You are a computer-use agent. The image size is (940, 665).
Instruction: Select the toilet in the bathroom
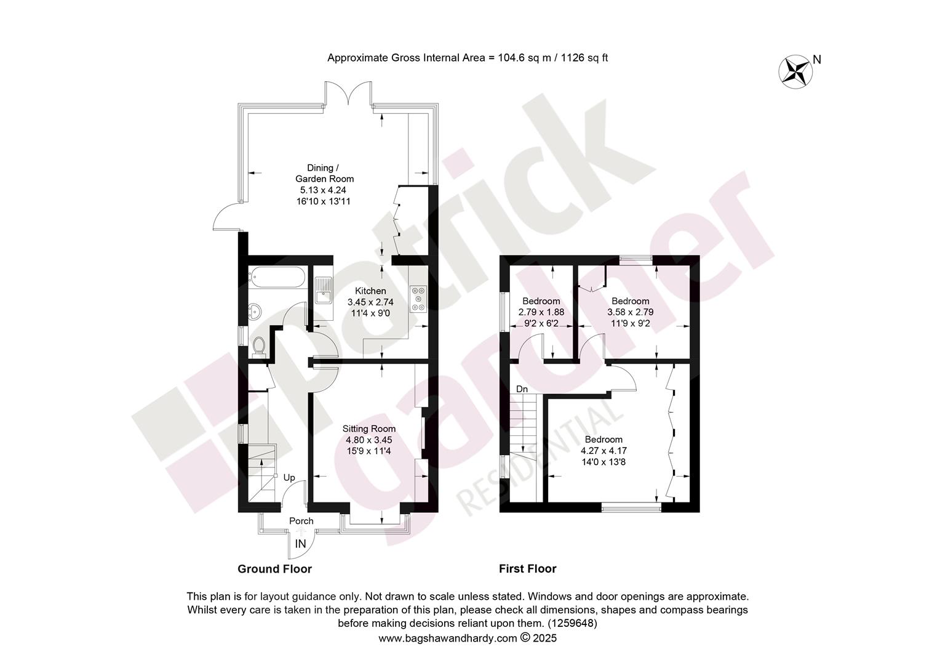[260, 347]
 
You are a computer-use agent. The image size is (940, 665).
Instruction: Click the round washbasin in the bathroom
[255, 312]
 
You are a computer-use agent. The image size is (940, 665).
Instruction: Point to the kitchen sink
[324, 290]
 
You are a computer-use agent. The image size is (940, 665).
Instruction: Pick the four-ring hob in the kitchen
[418, 299]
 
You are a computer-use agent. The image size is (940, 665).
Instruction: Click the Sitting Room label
[369, 429]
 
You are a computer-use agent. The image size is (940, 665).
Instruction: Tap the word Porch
[301, 521]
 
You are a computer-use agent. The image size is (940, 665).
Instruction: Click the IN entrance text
[300, 544]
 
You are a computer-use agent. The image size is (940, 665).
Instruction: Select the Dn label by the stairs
[522, 389]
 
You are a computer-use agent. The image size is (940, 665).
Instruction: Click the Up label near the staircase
[289, 478]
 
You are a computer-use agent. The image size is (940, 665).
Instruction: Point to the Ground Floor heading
[275, 569]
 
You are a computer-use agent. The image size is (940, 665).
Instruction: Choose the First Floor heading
[527, 569]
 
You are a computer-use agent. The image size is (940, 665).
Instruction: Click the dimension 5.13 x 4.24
[323, 190]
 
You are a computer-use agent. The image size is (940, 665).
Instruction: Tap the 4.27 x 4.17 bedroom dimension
[603, 451]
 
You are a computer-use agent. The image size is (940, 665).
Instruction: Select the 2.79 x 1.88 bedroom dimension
[541, 312]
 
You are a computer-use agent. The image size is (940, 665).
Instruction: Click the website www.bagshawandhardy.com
[448, 639]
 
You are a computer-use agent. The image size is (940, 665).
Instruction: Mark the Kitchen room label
[370, 291]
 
